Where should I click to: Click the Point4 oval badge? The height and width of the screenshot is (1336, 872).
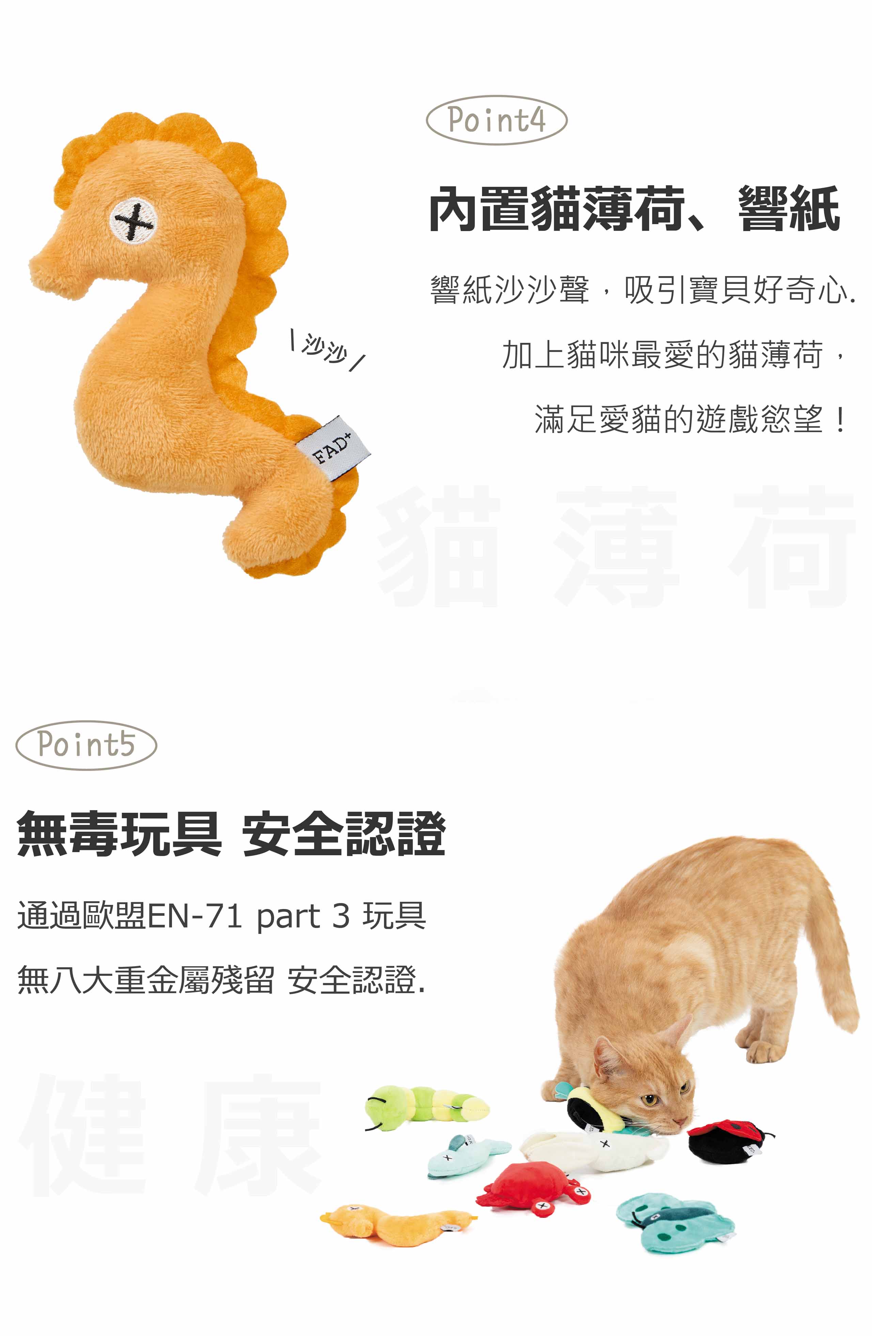point(497,120)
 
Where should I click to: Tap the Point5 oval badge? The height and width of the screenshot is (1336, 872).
point(86,745)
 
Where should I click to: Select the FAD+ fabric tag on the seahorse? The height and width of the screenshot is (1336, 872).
point(333,449)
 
